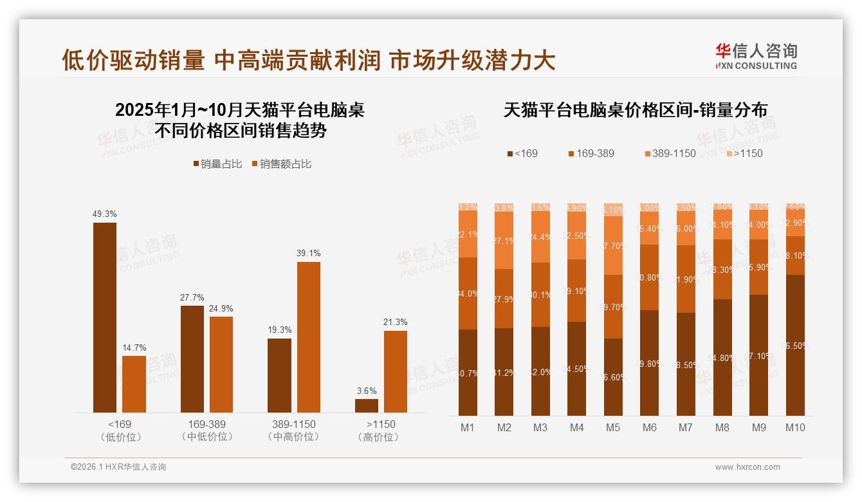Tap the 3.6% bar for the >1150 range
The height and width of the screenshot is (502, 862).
point(367,405)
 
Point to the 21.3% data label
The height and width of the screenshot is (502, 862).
point(396,322)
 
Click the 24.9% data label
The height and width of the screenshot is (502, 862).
point(221,308)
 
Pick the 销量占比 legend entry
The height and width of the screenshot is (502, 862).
point(217,164)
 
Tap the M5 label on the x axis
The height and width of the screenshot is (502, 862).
point(613,427)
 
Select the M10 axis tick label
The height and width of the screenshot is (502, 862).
point(795,427)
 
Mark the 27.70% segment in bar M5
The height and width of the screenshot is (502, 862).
point(614,245)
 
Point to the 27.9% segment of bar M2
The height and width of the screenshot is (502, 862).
point(504,299)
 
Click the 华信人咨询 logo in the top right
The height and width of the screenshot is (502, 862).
point(756,56)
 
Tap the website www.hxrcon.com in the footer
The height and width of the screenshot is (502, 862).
point(747,467)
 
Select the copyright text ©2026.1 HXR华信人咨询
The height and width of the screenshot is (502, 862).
point(118,467)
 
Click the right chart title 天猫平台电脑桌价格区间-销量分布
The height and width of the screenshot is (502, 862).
point(635,110)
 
